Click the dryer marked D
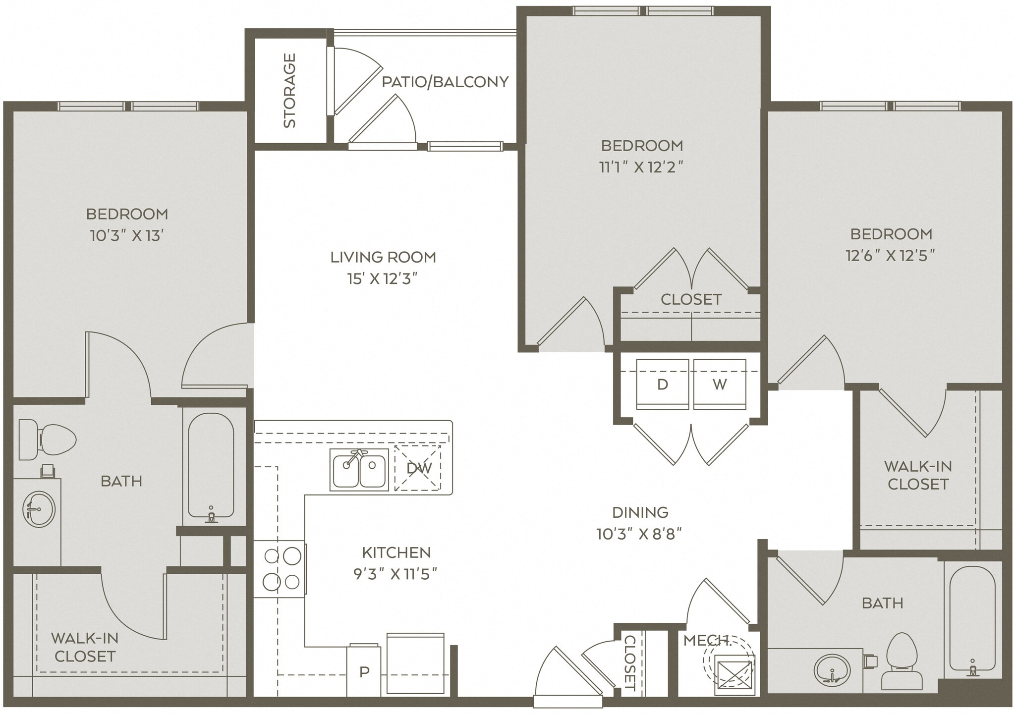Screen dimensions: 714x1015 [x=662, y=384]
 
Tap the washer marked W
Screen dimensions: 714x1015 [x=720, y=384]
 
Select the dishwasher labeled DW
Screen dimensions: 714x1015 [x=418, y=468]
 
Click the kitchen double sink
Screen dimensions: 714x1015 [x=359, y=469]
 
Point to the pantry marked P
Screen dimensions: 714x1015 [x=364, y=672]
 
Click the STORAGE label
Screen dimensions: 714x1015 [x=289, y=91]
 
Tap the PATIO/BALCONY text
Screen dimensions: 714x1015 [x=445, y=82]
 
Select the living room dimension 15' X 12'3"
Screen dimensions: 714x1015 [x=383, y=279]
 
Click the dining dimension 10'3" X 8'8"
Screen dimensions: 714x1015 [x=640, y=534]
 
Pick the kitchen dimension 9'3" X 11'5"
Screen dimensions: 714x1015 [x=395, y=574]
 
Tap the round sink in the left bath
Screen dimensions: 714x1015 [x=39, y=509]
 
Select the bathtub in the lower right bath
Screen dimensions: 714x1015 [x=972, y=619]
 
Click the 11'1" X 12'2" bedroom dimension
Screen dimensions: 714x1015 [x=641, y=167]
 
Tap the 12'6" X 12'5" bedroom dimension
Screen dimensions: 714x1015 [x=890, y=256]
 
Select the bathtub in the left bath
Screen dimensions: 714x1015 [x=211, y=466]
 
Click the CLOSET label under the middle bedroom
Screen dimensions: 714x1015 [x=691, y=299]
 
